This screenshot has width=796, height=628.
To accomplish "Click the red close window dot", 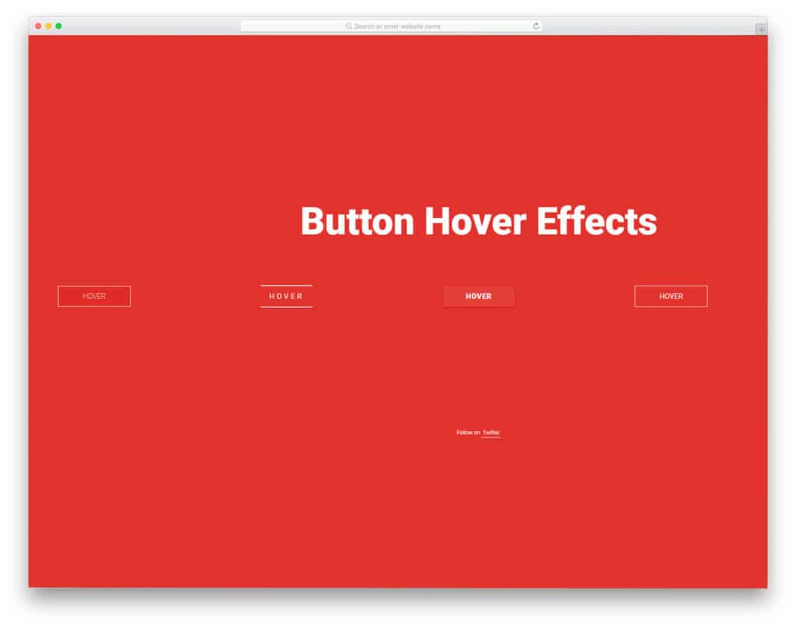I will point(38,26).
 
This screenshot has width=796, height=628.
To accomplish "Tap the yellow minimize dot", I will point(48,26).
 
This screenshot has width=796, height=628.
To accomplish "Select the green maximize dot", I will point(58,26).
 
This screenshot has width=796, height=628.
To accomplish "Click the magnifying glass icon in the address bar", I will point(349,26).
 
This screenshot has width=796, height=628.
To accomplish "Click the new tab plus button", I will point(761,30).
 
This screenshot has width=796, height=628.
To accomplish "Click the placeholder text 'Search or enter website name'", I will point(397,26).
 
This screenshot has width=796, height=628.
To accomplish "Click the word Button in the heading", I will point(357,222).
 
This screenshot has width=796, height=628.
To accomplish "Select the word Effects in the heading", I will point(596,222).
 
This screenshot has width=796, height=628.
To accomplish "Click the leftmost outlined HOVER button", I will point(94,296).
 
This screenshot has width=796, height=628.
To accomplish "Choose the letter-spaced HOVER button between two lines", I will point(286,296).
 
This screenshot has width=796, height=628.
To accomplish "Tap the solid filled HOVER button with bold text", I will point(478,296).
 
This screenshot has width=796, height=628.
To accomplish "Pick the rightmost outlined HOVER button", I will point(671,296).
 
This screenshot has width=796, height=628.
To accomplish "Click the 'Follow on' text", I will point(468,433).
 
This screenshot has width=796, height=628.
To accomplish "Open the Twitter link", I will point(491,433).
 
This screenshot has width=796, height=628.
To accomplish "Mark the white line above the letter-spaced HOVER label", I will point(286,286).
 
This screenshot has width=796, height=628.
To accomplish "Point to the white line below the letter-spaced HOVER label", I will point(286,307).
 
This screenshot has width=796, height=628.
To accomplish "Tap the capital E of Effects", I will point(547,222).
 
